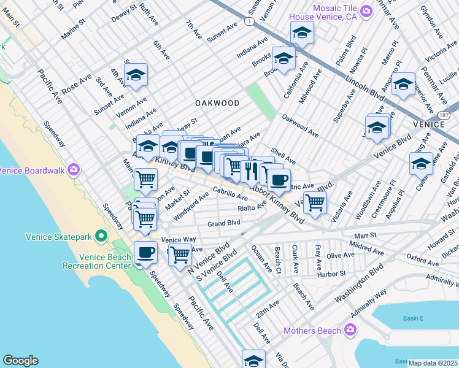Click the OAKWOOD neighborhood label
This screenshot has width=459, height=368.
pyautogui.click(x=217, y=103)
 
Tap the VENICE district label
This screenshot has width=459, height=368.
pyautogui.click(x=428, y=124)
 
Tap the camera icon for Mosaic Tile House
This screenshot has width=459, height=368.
pyautogui.click(x=366, y=10)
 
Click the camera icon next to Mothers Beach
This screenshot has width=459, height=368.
pyautogui.click(x=350, y=331)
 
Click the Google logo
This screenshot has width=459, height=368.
pyautogui.click(x=20, y=361)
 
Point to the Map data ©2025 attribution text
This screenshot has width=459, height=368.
pyautogui.click(x=433, y=363)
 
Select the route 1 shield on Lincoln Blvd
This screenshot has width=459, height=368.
pyautogui.click(x=249, y=21)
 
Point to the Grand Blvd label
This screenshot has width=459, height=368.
pyautogui.click(x=223, y=224)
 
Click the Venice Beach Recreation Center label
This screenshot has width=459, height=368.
pyautogui.click(x=97, y=261)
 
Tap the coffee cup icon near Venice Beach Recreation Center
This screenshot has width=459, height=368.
pyautogui.click(x=145, y=252)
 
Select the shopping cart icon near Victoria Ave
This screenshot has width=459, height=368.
pyautogui.click(x=315, y=202)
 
